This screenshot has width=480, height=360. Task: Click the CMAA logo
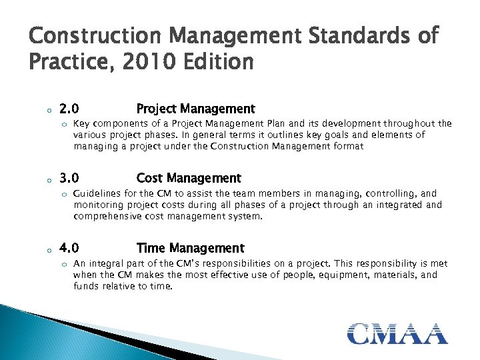click(397, 333)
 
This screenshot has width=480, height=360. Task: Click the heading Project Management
click(195, 109)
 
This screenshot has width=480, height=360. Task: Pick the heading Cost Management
click(188, 178)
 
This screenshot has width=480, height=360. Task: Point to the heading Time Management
click(190, 248)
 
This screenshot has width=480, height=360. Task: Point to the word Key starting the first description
click(81, 123)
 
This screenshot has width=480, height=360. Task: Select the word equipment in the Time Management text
click(347, 275)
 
